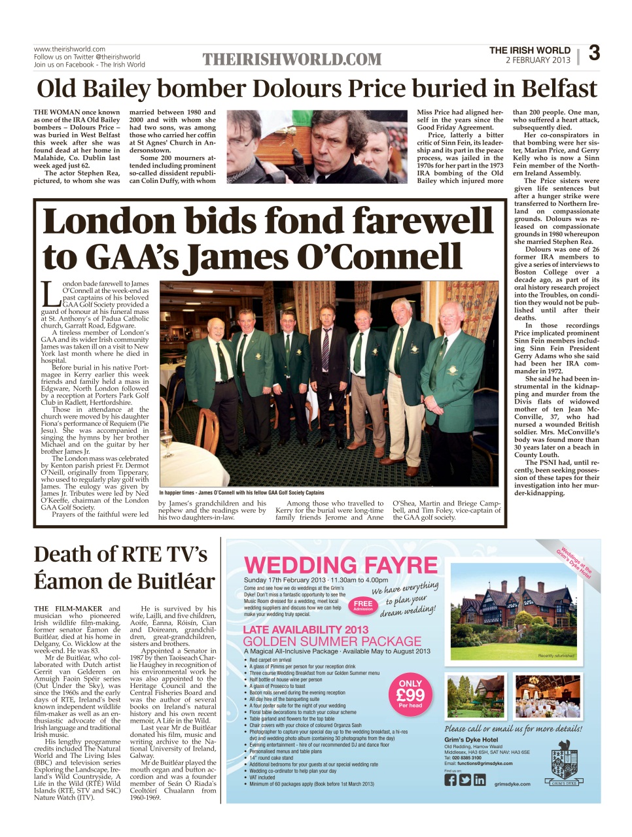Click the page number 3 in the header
tap(594, 53)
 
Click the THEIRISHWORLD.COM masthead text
tap(292, 60)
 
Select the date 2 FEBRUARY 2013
tap(538, 60)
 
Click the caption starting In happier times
tap(241, 492)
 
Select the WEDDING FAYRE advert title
tap(340, 565)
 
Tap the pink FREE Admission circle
tap(363, 605)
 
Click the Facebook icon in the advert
tap(451, 779)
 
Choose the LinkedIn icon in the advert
tap(480, 779)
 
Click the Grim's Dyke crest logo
tap(564, 765)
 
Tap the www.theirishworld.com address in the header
tap(69, 49)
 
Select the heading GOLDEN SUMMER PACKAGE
tap(332, 641)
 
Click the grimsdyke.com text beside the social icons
tap(512, 784)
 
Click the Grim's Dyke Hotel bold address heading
tap(471, 740)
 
